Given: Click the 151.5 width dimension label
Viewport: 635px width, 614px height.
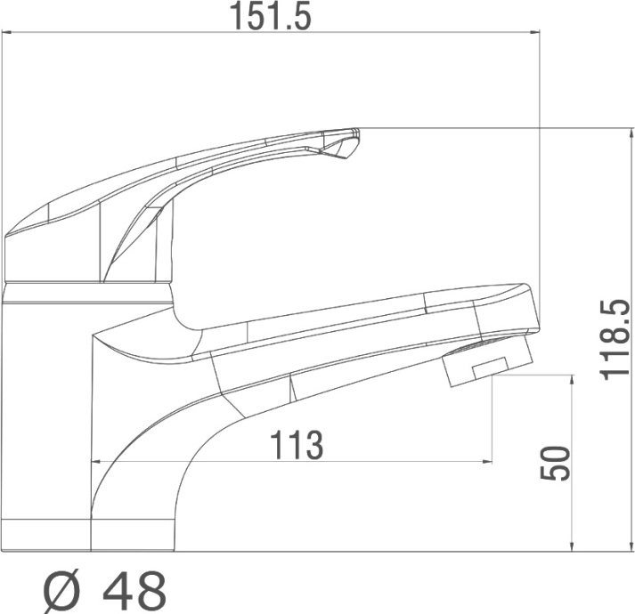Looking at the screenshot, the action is coord(271,16).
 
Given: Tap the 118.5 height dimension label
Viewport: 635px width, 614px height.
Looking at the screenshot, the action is coord(615,340).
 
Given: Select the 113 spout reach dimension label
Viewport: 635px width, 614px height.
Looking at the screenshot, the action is coord(297,445).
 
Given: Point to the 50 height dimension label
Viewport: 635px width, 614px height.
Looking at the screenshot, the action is coord(555,464).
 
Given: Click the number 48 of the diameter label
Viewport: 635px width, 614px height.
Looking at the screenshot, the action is coord(134,592).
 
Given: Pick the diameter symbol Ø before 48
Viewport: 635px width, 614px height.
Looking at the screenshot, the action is coord(62,592).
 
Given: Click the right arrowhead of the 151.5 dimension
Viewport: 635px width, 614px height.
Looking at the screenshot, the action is coord(535,31).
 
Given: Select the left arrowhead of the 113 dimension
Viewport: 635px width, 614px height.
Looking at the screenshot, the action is coord(97,461).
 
